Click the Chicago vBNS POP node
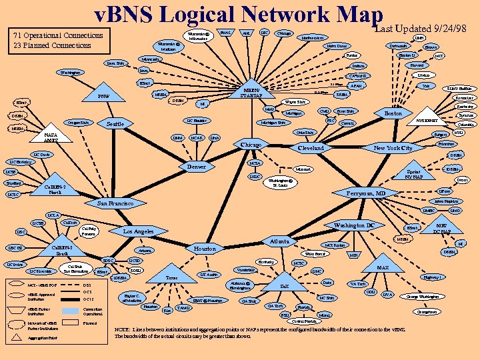[252, 145]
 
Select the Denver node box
[197, 167]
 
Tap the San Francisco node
[115, 203]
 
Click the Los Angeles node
[139, 231]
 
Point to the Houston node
[205, 249]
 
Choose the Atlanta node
[280, 241]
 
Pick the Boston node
[389, 115]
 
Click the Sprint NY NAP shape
[414, 175]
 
